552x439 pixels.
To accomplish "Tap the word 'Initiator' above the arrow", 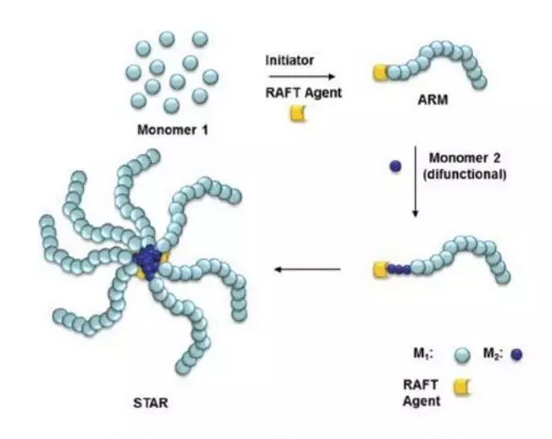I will (x=291, y=60).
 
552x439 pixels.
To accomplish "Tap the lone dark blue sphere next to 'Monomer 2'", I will (x=394, y=166).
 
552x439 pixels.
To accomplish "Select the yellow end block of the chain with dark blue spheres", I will (x=380, y=269).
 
